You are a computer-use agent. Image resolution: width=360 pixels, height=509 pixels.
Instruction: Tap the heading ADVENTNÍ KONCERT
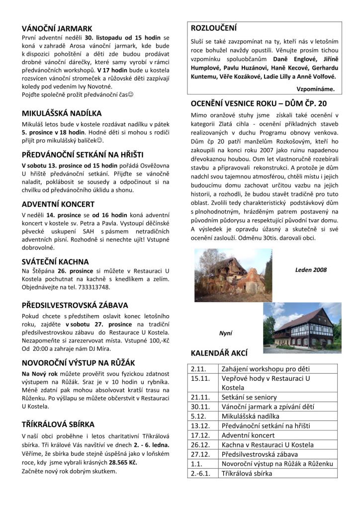pos(58,204)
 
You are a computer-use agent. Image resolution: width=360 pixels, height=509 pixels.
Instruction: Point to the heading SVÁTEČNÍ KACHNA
pos(55,261)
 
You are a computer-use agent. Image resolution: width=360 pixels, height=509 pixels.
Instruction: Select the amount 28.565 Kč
pos(125,462)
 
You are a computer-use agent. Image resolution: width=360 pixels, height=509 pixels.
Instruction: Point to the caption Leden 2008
pos(311,270)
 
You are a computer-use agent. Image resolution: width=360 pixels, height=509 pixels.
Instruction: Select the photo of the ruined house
pos(226,275)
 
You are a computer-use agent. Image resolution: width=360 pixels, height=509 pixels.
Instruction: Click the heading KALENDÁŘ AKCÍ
pos(219,353)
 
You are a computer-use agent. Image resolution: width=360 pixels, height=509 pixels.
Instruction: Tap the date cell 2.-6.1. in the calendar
pos(201,473)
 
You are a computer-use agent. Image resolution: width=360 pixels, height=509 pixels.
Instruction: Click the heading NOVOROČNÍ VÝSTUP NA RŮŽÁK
pos(79,363)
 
